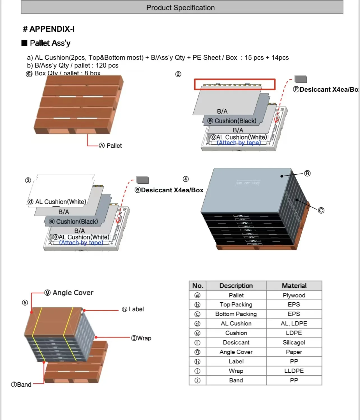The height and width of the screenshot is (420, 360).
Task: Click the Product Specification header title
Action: pos(180,8)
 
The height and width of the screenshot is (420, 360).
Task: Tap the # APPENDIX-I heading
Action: pos(49,29)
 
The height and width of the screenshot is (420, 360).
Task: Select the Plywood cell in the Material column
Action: pos(294,295)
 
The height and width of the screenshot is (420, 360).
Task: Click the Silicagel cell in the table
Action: pos(294,342)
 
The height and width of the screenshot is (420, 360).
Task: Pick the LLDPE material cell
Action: pos(294,371)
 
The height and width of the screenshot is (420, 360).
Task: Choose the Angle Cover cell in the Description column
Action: pos(236,352)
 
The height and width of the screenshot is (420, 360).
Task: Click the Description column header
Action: pos(236,286)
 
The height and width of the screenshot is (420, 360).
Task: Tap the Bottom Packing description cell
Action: pos(236,314)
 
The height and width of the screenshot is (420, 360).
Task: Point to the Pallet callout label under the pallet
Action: pos(110,146)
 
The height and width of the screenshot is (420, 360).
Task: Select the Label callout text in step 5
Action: pos(133,309)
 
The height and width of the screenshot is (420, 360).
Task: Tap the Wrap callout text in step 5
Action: pos(141,338)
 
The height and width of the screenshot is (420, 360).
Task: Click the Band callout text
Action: pos(21,384)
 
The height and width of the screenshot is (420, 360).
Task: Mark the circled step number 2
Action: pos(178,74)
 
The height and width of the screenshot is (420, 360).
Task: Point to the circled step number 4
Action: pos(186,179)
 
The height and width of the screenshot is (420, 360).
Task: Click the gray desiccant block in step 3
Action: pos(142,180)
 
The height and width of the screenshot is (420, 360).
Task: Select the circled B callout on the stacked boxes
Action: pos(307,173)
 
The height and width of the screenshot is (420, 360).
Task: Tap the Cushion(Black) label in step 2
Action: pos(232,121)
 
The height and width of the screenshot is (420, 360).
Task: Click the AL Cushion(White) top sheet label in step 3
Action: pos(57,202)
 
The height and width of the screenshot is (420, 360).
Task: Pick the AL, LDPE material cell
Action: pos(294,324)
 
